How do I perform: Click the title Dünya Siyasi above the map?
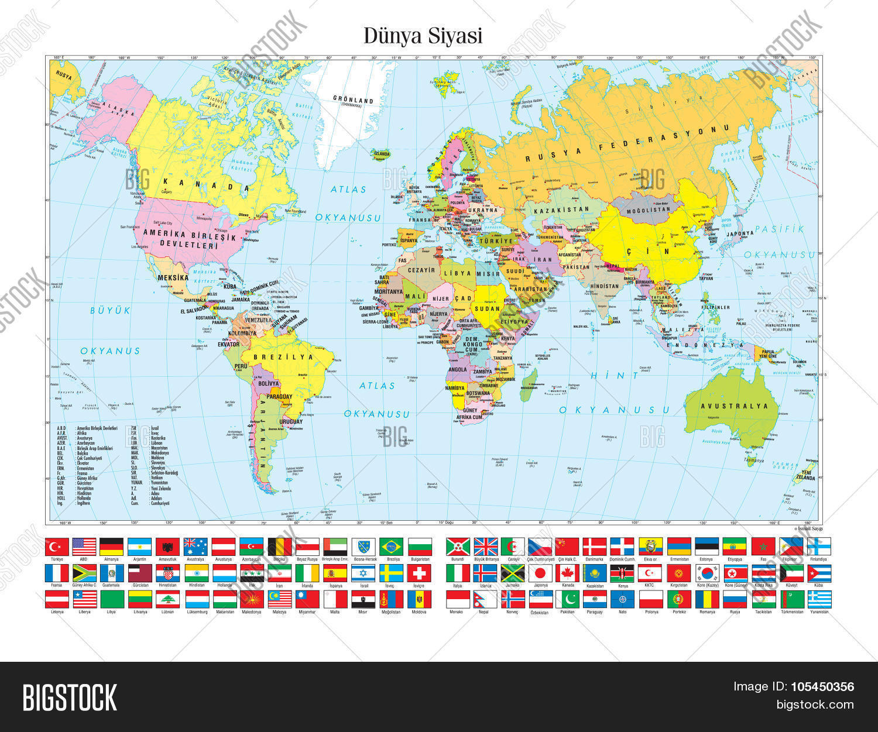coord(423,35)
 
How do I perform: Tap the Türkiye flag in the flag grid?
coord(57,547)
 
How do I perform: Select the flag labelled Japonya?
coord(540,573)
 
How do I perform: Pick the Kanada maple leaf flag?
coord(567,573)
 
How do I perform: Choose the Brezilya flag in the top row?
coord(391,547)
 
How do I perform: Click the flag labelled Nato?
coord(622,599)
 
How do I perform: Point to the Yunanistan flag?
coord(819,599)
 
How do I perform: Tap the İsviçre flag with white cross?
coord(419,573)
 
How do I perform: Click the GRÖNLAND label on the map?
coord(353,101)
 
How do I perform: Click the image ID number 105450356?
coord(824,687)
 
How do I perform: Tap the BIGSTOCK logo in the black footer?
coord(70,697)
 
